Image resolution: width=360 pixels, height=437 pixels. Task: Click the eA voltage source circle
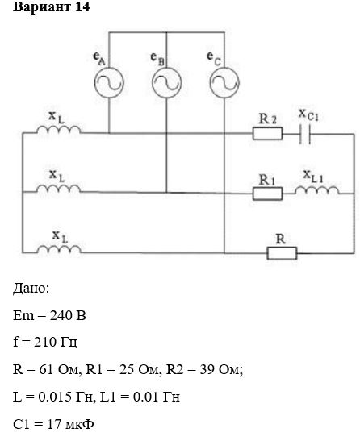pyautogui.click(x=95, y=83)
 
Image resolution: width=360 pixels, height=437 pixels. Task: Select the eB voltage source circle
pyautogui.click(x=153, y=83)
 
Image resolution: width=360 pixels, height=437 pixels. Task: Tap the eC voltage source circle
pyautogui.click(x=210, y=83)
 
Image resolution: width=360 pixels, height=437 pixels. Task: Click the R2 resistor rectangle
pyautogui.click(x=267, y=134)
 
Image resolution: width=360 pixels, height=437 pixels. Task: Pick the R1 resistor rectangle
pyautogui.click(x=267, y=194)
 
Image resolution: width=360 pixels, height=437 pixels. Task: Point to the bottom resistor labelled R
pyautogui.click(x=282, y=253)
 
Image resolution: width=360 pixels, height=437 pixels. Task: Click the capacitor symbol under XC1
pyautogui.click(x=305, y=134)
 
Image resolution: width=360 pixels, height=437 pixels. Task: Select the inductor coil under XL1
pyautogui.click(x=317, y=189)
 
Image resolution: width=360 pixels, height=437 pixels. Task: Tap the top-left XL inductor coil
pyautogui.click(x=59, y=130)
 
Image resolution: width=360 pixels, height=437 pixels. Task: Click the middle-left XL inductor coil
pyautogui.click(x=59, y=189)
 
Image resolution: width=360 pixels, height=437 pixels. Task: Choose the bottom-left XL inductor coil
pyautogui.click(x=59, y=249)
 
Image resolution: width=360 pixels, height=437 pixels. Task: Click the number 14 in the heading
pyautogui.click(x=82, y=6)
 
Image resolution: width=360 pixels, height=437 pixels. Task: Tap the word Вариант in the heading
pyautogui.click(x=42, y=7)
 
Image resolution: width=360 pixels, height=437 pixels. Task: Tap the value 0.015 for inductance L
pyautogui.click(x=55, y=397)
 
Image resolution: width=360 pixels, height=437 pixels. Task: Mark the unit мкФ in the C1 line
pyautogui.click(x=79, y=424)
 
